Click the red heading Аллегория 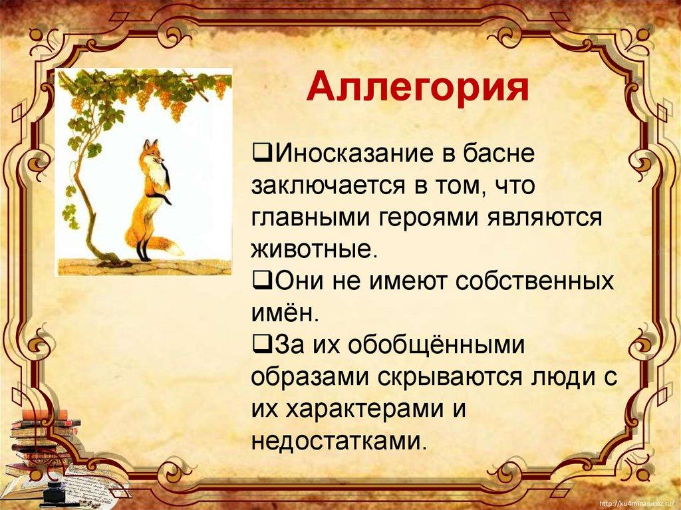tap(418, 88)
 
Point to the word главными tap(311, 217)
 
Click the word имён tap(285, 313)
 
